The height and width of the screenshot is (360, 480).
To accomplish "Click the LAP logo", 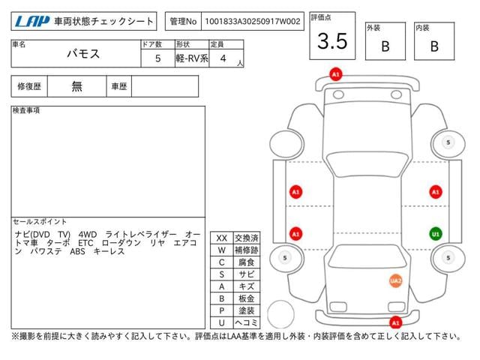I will coord(32,21).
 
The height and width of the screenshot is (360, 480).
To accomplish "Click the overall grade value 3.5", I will coord(332,42).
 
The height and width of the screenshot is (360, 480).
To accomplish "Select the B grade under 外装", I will coord(385,46).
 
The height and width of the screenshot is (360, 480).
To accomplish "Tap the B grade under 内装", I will coord(434,46).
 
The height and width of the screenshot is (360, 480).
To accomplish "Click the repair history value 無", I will coord(77,86).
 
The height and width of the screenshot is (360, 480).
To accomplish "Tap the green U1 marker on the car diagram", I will coord(434,233).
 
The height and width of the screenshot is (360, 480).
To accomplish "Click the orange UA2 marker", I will coord(395,280).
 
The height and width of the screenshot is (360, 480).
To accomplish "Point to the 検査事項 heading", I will coord(26,111).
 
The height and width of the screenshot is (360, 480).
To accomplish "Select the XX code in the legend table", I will coord(221,238).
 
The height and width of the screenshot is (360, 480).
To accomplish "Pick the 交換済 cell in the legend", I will coord(247,238).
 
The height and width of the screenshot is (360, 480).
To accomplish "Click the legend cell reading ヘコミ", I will coord(247,322).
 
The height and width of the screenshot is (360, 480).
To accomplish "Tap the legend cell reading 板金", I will coord(247,298).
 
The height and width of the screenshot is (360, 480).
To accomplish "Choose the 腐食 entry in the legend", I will coord(247,262).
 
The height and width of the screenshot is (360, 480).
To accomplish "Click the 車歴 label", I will coord(118,86).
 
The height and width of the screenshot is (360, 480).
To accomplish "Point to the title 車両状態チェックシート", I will coord(104,21).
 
